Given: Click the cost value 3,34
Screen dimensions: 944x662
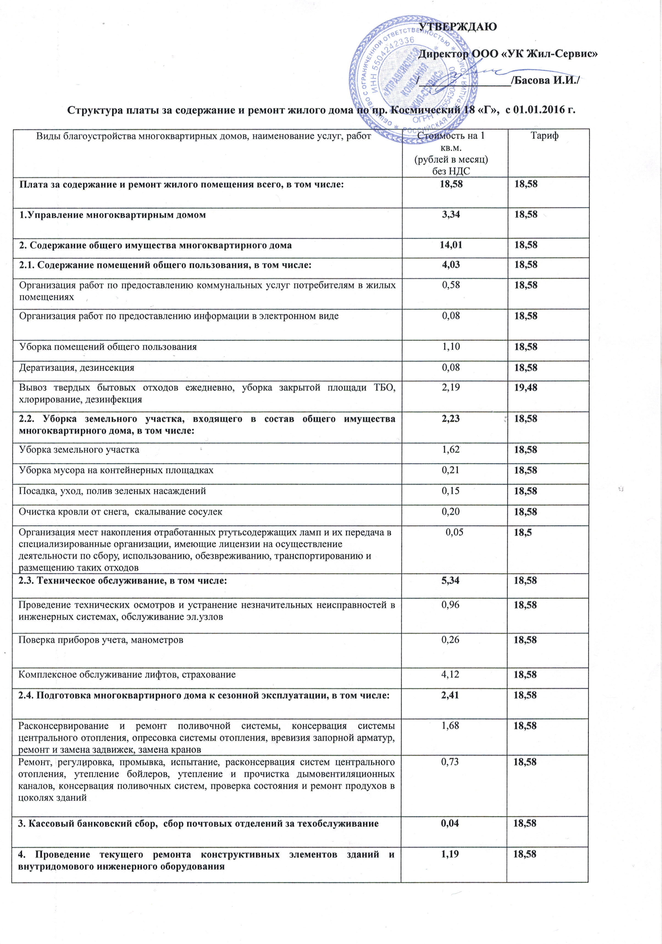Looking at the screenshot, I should tap(451, 215).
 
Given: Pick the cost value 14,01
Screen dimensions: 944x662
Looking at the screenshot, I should tap(451, 245).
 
